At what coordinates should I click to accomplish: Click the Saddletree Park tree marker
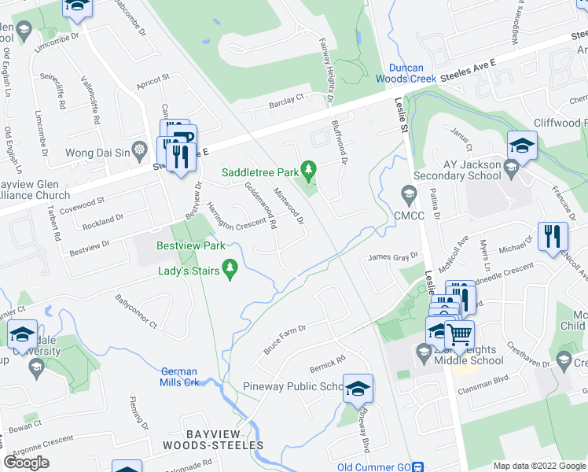[x=309, y=169]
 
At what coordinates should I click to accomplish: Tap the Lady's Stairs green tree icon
[x=230, y=269]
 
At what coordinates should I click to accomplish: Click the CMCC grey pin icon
[x=407, y=193]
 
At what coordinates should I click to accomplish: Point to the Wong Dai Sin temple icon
[x=139, y=149]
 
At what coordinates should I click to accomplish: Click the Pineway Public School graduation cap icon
[x=358, y=387]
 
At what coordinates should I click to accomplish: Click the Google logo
[x=26, y=463]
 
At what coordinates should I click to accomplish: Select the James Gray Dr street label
[x=395, y=256]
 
